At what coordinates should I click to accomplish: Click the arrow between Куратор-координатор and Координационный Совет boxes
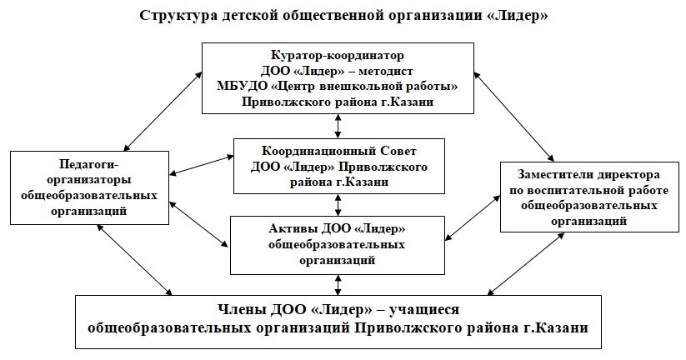(338, 126)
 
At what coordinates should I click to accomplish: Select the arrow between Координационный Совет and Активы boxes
(338, 204)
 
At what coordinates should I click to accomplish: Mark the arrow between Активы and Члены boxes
(338, 284)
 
